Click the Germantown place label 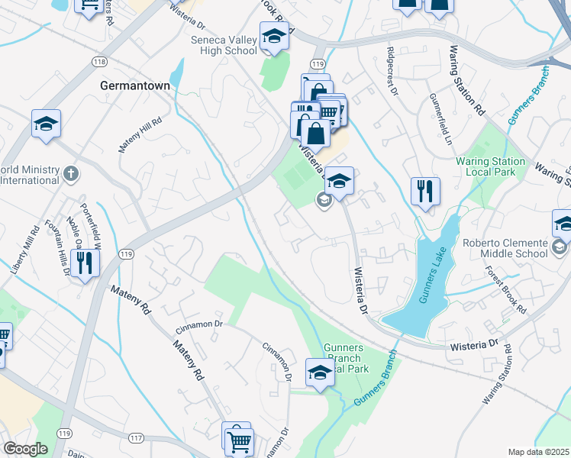click(134, 86)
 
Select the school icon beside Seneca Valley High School click(274, 37)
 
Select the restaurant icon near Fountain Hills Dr click(85, 263)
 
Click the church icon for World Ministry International click(72, 174)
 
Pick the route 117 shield click(136, 437)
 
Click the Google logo click(25, 449)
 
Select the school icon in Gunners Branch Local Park click(320, 373)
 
